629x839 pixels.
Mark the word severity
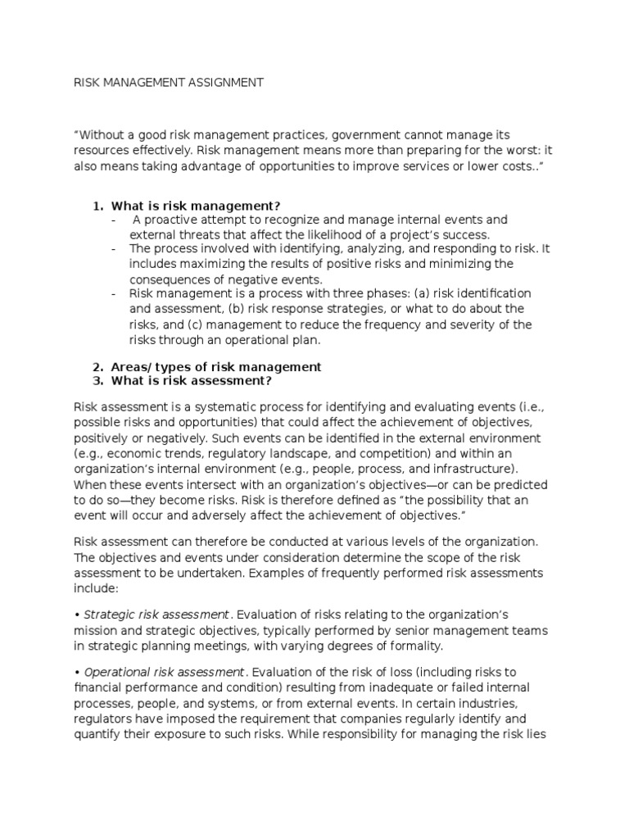(469, 324)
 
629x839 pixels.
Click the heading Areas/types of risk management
(216, 367)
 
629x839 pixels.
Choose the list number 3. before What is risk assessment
(97, 382)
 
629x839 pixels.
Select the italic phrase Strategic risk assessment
(156, 615)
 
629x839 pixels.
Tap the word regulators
(105, 719)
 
